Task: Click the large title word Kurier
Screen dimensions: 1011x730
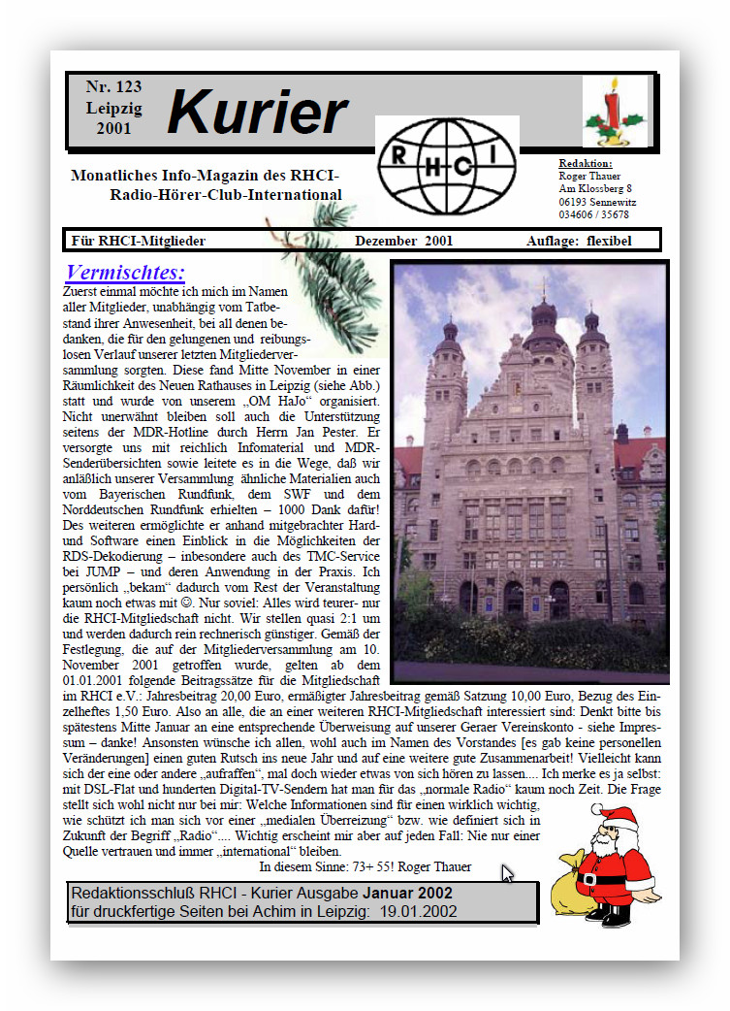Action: pos(257,114)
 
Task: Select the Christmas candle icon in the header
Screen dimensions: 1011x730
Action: pos(613,112)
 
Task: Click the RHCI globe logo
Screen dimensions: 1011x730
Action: pos(447,165)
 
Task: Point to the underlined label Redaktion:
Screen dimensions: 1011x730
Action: pos(586,163)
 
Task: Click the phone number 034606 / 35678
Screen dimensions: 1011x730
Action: pos(593,214)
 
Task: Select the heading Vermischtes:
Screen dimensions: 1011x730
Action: pos(125,273)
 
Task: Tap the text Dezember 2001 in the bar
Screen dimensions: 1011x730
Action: pos(403,241)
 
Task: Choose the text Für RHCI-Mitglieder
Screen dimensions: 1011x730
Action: pos(139,241)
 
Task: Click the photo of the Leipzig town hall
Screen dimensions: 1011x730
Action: pos(530,472)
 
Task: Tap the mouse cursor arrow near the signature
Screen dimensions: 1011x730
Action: pos(507,873)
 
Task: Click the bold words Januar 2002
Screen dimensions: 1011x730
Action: pos(408,893)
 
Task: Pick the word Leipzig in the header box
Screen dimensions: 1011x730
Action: pos(113,108)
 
